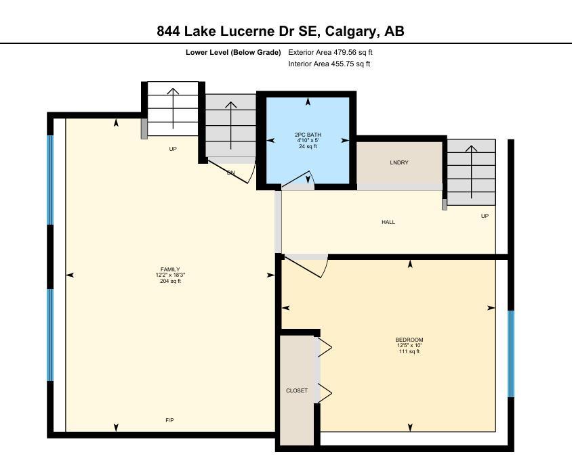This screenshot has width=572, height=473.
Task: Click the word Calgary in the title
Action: click(x=350, y=31)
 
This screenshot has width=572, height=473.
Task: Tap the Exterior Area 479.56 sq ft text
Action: click(x=330, y=52)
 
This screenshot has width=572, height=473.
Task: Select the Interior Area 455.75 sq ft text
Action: click(x=329, y=64)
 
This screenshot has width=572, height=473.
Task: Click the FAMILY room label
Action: click(x=170, y=269)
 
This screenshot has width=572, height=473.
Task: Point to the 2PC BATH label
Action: click(x=308, y=135)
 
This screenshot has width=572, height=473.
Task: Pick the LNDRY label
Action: click(x=399, y=162)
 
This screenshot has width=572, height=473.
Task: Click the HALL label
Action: click(x=388, y=222)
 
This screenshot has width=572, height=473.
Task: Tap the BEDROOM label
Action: click(x=409, y=340)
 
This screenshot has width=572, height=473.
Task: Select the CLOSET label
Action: click(x=297, y=390)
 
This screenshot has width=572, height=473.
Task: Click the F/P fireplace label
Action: click(x=169, y=420)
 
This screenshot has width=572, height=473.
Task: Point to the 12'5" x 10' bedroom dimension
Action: click(x=409, y=346)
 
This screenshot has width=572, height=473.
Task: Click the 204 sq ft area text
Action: click(x=170, y=281)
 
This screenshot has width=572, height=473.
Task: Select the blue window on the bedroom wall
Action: click(x=511, y=354)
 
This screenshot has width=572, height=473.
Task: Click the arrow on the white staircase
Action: click(x=173, y=108)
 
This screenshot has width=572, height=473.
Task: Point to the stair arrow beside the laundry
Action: click(x=471, y=172)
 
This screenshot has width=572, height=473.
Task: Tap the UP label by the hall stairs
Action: click(x=485, y=216)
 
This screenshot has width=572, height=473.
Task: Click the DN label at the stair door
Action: click(x=230, y=173)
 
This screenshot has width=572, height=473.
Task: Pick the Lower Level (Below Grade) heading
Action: click(x=233, y=52)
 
